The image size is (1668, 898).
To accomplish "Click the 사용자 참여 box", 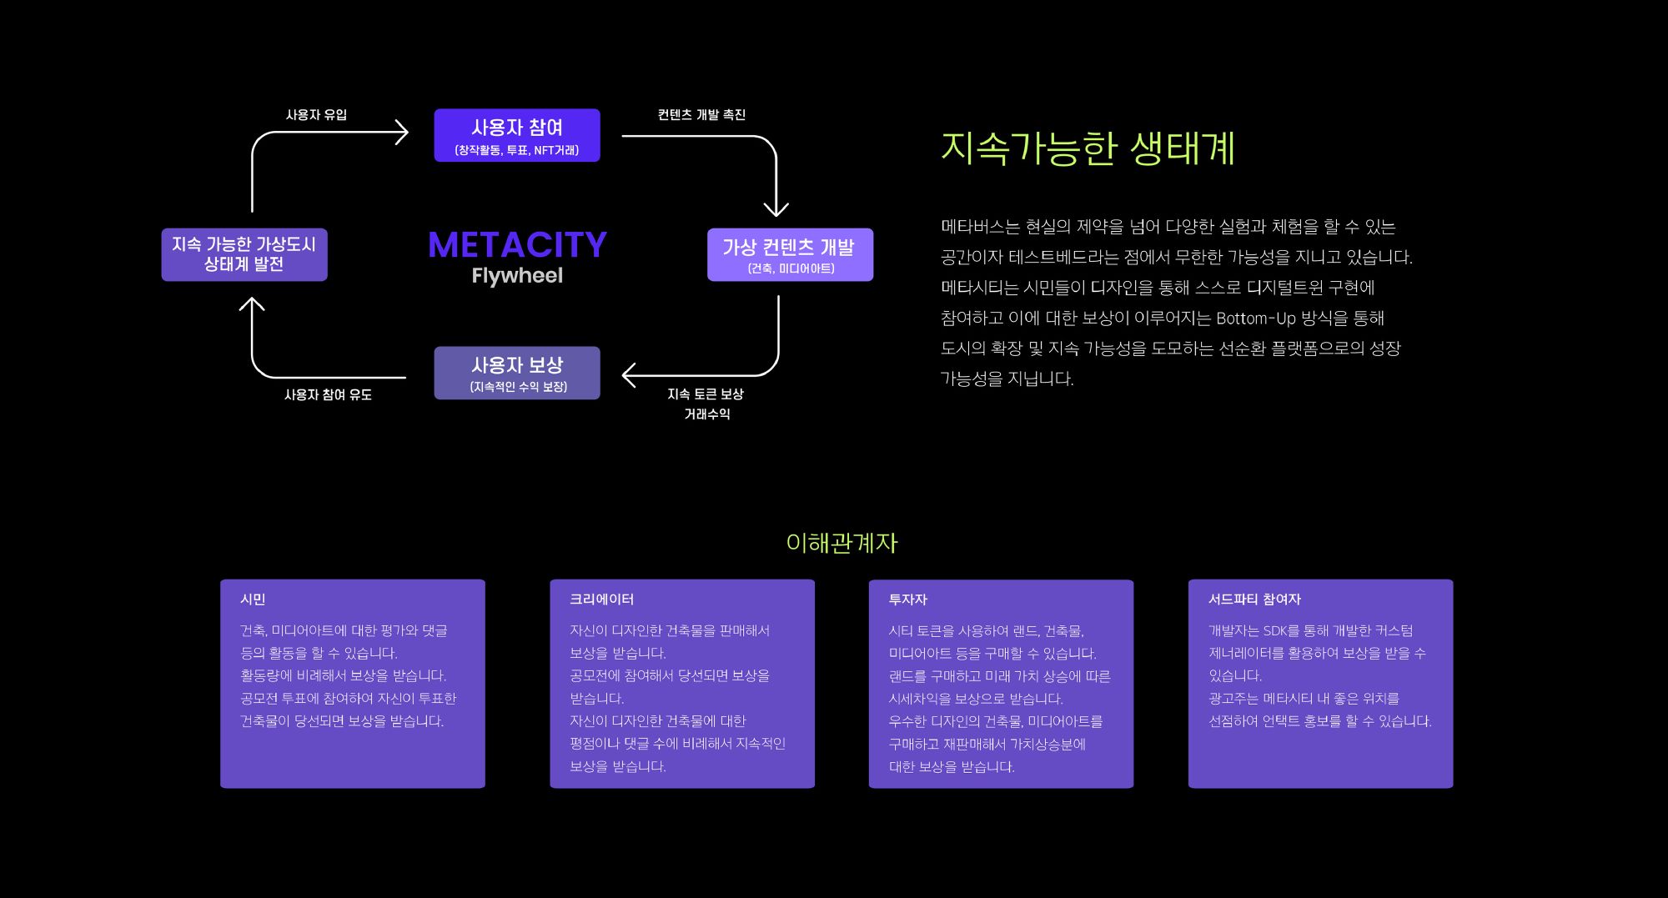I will [517, 135].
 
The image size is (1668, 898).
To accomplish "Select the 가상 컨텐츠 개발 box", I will [790, 254].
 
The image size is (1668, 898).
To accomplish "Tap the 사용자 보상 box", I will [517, 373].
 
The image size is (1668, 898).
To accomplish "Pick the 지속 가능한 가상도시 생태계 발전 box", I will [244, 254].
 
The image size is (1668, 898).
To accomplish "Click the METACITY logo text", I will [517, 245].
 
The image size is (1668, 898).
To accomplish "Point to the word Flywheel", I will [517, 276].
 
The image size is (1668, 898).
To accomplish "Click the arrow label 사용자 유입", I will [316, 115].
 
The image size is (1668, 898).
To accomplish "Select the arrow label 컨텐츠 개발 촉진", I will [701, 115].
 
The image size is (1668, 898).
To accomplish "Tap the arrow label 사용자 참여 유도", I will [328, 394].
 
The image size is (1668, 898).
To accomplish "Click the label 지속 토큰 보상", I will [706, 394].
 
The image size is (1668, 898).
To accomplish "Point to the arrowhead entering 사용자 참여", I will [402, 133].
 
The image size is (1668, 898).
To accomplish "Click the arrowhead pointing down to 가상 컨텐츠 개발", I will [776, 208].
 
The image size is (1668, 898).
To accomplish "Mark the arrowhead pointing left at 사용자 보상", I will [630, 376].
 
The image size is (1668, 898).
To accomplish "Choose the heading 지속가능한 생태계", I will [1088, 148].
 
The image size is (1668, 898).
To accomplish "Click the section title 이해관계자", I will [842, 544].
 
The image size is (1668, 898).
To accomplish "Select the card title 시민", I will [253, 600].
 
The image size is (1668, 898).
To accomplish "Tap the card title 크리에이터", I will [601, 600].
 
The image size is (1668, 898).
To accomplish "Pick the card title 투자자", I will [907, 600].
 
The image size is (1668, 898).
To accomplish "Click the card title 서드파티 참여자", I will [1254, 600].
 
